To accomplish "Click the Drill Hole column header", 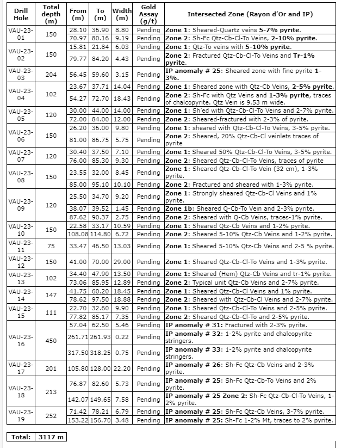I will coord(21,14).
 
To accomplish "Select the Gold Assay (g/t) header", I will coord(148,14).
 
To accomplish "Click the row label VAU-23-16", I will coord(21,341).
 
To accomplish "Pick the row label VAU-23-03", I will coord(21,75).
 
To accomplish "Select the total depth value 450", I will coord(51,341).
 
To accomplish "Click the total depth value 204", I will coord(51,75).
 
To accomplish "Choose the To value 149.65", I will coord(100,399).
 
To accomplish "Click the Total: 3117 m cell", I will coord(36,437).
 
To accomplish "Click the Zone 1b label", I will coord(179,208).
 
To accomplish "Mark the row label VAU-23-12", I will coord(21,262).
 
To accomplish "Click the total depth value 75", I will coord(51,246).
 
